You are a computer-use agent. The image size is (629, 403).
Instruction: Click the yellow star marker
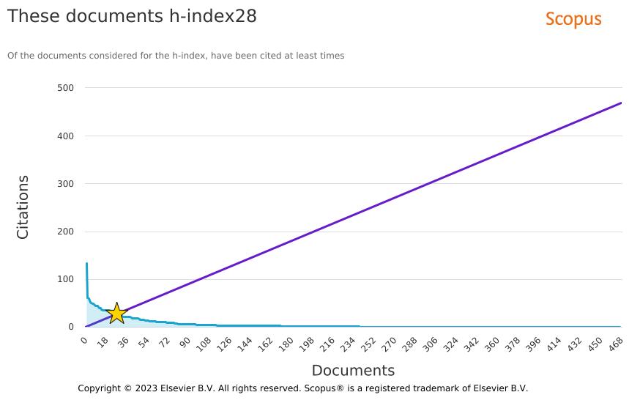pyautogui.click(x=116, y=314)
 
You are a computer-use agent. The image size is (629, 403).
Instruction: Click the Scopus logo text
pyautogui.click(x=573, y=20)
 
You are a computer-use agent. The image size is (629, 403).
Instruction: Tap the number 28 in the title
pyautogui.click(x=245, y=16)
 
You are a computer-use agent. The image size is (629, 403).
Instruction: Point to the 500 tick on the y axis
pyautogui.click(x=65, y=88)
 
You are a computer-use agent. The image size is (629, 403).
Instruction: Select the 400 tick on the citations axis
pyautogui.click(x=65, y=136)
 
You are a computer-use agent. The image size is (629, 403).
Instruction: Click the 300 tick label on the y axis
pyautogui.click(x=65, y=184)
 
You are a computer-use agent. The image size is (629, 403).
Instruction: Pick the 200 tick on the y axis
pyautogui.click(x=65, y=232)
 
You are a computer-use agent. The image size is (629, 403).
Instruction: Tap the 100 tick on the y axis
pyautogui.click(x=65, y=279)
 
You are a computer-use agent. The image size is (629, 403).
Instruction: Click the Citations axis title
pyautogui.click(x=23, y=207)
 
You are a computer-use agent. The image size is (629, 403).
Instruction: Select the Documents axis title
pyautogui.click(x=353, y=370)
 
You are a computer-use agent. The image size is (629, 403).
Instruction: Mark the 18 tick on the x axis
pyautogui.click(x=103, y=343)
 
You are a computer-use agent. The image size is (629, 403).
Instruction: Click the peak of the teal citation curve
pyautogui.click(x=86, y=264)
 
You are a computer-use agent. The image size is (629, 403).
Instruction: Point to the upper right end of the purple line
pyautogui.click(x=621, y=103)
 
